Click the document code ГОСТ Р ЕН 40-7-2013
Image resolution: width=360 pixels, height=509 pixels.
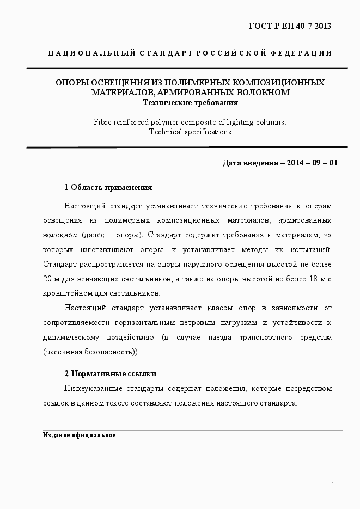[290, 26]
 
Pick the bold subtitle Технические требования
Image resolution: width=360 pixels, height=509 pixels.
[190, 102]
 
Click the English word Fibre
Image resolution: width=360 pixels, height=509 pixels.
[104, 122]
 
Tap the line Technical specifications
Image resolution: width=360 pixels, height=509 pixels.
[190, 132]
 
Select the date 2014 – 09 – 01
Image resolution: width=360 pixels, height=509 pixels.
[311, 162]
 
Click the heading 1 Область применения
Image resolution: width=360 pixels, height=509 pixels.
[108, 187]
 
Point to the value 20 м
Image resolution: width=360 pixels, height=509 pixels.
[48, 278]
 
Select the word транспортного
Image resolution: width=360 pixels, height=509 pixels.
[264, 338]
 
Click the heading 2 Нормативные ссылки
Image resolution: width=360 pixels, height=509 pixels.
[110, 373]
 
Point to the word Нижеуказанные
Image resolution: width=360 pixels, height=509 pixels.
[93, 389]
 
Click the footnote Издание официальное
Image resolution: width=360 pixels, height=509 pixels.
[79, 436]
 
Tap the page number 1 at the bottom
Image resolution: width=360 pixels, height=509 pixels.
[333, 486]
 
